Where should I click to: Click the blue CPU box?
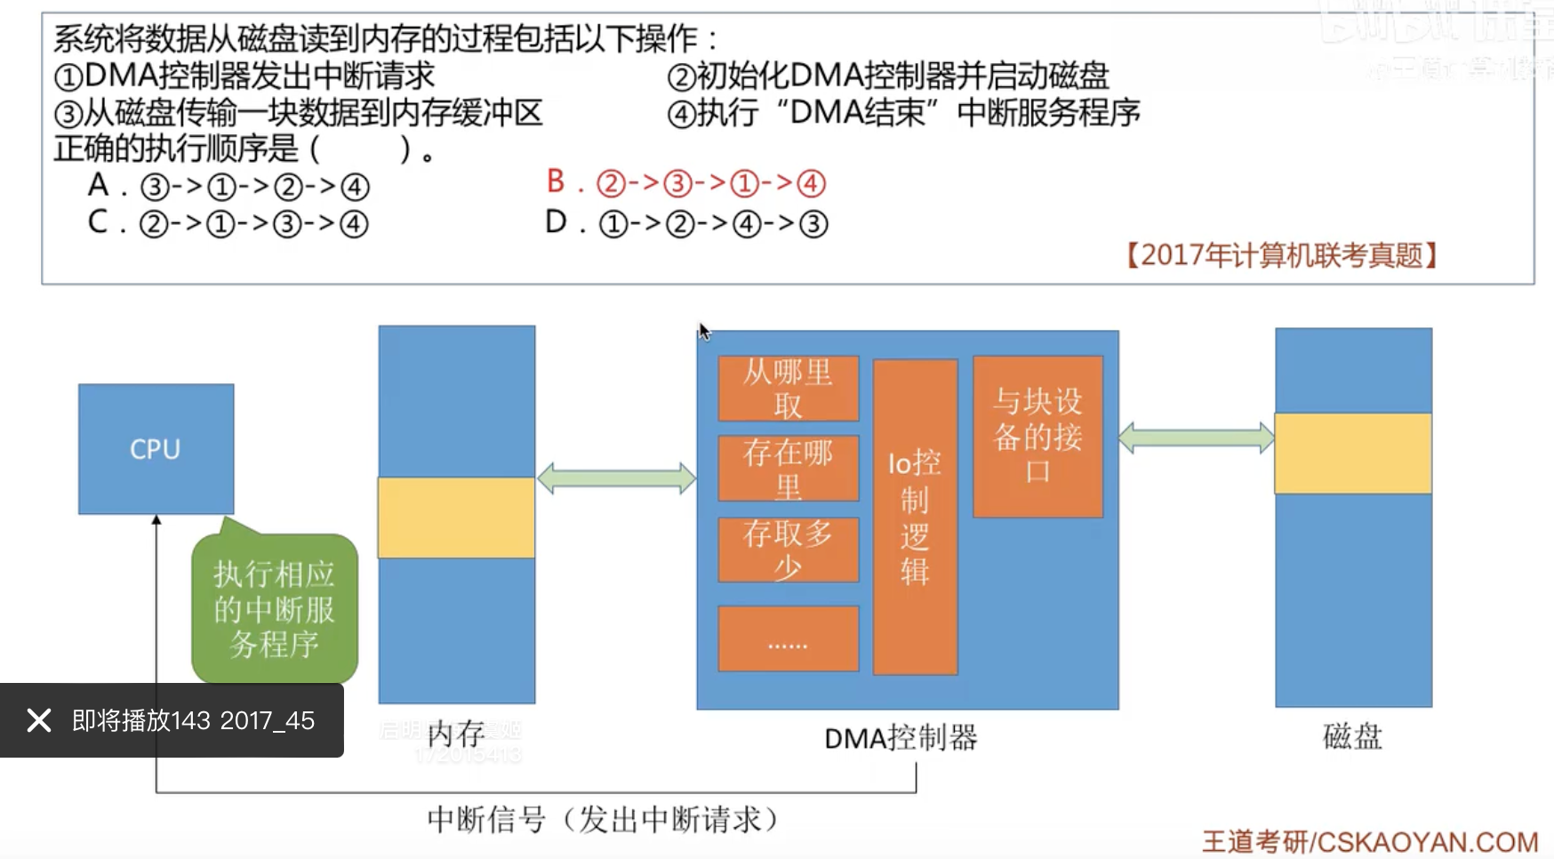(156, 449)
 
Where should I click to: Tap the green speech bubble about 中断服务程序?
(274, 609)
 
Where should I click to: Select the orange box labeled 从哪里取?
(788, 389)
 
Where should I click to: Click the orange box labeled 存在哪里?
(788, 469)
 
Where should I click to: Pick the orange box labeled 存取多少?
(788, 550)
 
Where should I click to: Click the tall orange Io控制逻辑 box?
(915, 517)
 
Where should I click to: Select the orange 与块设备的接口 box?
(1037, 437)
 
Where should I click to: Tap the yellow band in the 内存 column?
(456, 518)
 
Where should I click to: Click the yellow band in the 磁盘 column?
(1353, 454)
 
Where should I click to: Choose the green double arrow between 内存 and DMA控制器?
(616, 478)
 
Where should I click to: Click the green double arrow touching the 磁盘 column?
(1197, 438)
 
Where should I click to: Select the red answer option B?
(686, 183)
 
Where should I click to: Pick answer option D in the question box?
(686, 223)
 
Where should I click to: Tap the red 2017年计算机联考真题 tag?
(1281, 256)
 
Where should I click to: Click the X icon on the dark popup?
(39, 720)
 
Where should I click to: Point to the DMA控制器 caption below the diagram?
(901, 738)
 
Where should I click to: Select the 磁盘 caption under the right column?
(1352, 736)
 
